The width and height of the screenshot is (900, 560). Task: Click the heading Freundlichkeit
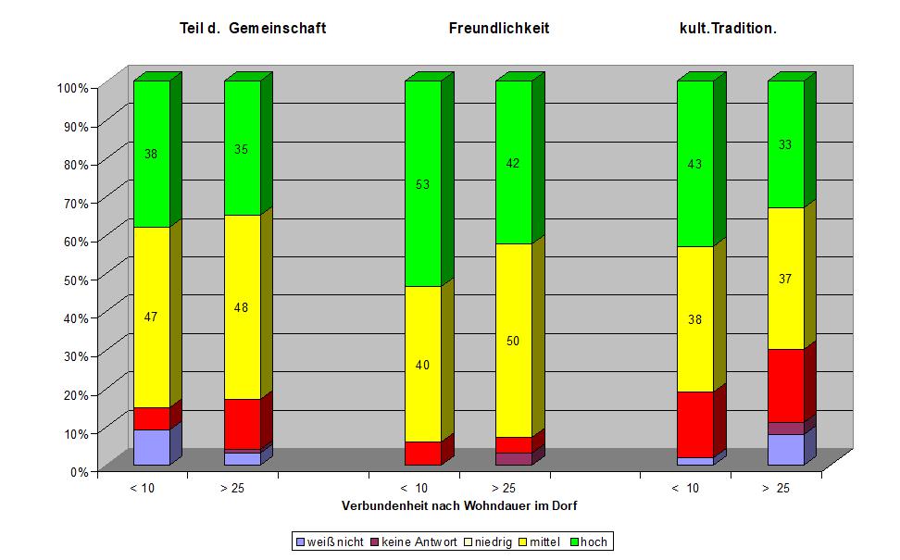(x=498, y=29)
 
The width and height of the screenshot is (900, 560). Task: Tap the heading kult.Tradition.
(x=728, y=29)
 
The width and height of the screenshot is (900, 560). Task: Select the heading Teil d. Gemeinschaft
(x=253, y=29)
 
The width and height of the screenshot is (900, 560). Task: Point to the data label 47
(x=151, y=317)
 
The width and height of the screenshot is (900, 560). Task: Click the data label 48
(x=242, y=307)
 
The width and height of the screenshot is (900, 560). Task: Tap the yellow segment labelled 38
(x=694, y=319)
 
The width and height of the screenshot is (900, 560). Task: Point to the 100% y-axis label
(x=72, y=88)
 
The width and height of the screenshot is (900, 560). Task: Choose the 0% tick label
(x=78, y=471)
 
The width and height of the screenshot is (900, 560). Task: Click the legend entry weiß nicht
(x=330, y=541)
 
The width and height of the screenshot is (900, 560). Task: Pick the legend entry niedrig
(x=489, y=541)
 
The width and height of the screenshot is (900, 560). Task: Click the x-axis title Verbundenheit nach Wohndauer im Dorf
(x=459, y=505)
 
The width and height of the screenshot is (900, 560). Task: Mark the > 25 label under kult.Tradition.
(x=776, y=488)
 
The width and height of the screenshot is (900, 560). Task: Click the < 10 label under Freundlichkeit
(x=413, y=488)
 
